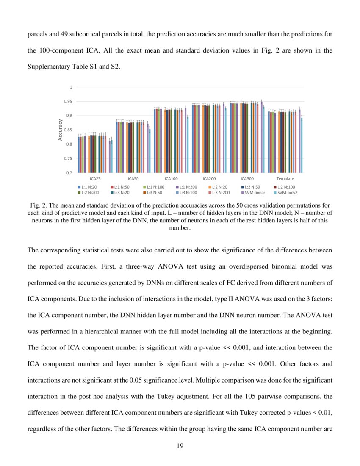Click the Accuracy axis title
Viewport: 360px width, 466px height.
coord(61,130)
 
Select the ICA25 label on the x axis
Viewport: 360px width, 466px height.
coord(95,179)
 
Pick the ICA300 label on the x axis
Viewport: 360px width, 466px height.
coord(247,179)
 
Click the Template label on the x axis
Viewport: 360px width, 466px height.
coord(285,179)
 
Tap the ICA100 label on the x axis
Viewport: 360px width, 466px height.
coord(171,179)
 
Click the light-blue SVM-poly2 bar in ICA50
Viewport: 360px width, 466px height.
coord(150,150)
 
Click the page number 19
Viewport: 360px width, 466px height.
coord(180,445)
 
